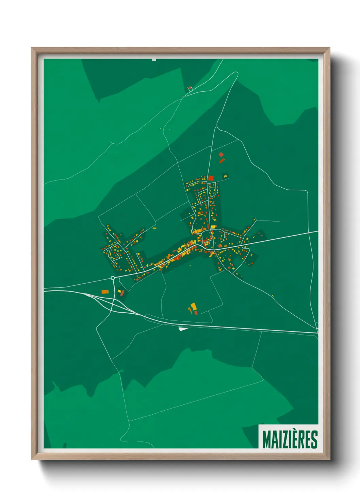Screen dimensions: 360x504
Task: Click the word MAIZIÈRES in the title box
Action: pyautogui.click(x=290, y=439)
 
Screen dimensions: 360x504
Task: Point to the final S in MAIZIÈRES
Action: pyautogui.click(x=315, y=440)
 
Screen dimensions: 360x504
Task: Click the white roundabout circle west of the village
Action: pyautogui.click(x=113, y=278)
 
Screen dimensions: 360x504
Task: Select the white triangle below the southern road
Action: pyautogui.click(x=182, y=329)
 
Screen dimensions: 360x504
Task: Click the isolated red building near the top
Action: pyautogui.click(x=190, y=88)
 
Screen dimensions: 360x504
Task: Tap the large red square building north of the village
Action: pyautogui.click(x=211, y=178)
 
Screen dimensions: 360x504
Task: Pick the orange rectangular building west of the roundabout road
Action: pyautogui.click(x=104, y=292)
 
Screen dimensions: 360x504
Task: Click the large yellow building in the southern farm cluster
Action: pyautogui.click(x=193, y=306)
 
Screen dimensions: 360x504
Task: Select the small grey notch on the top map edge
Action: pyautogui.click(x=154, y=60)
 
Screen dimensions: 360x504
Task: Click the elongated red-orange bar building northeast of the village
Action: pyautogui.click(x=222, y=160)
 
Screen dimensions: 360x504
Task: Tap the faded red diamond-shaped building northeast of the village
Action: pyautogui.click(x=221, y=155)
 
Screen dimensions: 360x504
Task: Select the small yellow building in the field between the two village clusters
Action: pyautogui.click(x=154, y=228)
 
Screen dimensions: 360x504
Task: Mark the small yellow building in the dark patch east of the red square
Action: pyautogui.click(x=225, y=176)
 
